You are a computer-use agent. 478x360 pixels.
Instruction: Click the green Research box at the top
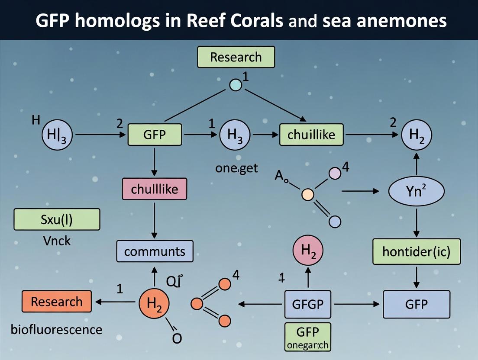(x=236, y=57)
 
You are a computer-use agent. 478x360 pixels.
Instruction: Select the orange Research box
(x=57, y=302)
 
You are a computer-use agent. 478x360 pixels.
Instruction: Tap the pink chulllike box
(x=154, y=189)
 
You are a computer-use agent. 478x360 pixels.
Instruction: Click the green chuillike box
(x=311, y=135)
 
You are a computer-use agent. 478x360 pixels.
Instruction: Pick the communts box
(x=155, y=251)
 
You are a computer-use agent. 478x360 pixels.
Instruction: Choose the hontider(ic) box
(x=416, y=251)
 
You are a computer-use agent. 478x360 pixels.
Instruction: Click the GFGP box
(x=308, y=304)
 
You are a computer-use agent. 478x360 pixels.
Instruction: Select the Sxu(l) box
(x=57, y=219)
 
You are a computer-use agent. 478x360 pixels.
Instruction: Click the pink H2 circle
(x=308, y=251)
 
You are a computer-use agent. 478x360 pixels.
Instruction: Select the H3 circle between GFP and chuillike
(x=235, y=135)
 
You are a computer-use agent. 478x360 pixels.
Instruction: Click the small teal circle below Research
(x=235, y=84)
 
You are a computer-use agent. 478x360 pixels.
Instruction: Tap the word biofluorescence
(x=56, y=329)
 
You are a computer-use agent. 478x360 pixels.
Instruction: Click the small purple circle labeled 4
(x=335, y=174)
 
